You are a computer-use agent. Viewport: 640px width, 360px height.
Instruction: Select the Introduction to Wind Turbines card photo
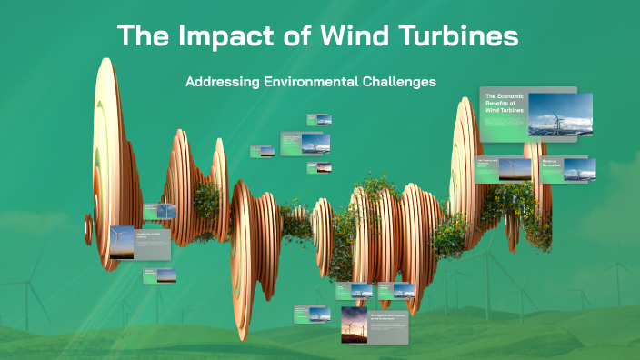click(x=121, y=242)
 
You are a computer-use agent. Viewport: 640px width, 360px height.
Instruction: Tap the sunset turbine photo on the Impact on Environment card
click(x=354, y=325)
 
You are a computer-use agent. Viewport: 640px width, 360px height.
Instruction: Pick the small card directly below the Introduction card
click(x=159, y=275)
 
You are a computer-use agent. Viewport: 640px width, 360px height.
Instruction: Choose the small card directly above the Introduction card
click(x=159, y=211)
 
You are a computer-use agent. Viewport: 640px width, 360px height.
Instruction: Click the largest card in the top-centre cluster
click(x=305, y=144)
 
